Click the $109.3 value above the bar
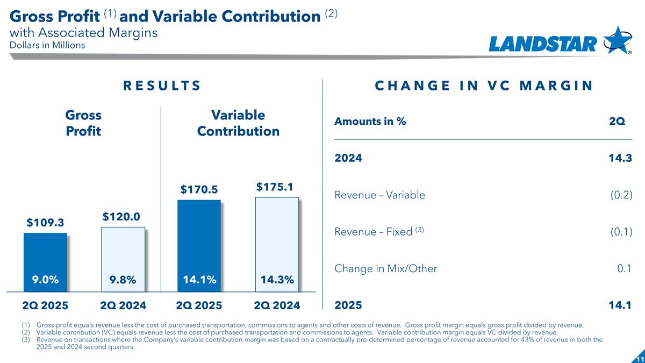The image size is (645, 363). (45, 222)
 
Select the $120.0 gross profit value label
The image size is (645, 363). (121, 216)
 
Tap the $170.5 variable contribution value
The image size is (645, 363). (199, 189)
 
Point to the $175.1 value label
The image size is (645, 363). (274, 187)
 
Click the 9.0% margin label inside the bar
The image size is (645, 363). (45, 279)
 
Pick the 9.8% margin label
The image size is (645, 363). (123, 280)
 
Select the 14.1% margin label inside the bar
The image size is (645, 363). (200, 279)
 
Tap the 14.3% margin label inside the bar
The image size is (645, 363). (277, 279)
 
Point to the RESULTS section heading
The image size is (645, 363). (162, 86)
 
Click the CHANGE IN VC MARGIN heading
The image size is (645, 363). (484, 86)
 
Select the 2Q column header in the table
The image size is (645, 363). (617, 122)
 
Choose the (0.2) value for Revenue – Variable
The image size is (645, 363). (621, 195)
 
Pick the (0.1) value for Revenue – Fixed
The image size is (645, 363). (621, 232)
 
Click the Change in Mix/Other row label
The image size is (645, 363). (385, 269)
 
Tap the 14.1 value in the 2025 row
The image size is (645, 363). (621, 305)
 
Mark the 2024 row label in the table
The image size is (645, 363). (348, 159)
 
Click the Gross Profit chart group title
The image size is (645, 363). (83, 123)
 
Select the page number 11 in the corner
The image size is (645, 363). (639, 358)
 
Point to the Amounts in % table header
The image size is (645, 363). (370, 122)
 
